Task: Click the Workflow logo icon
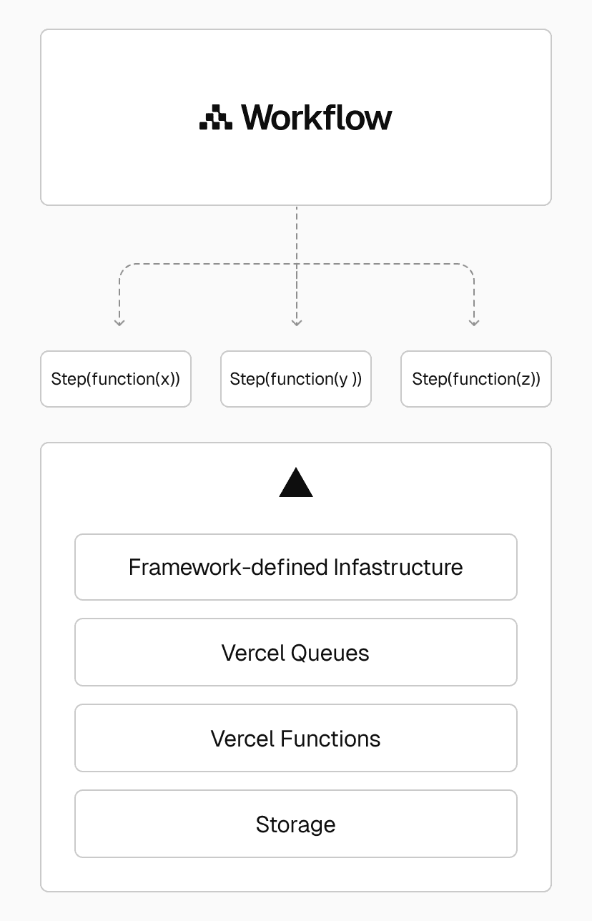click(215, 118)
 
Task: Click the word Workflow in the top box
click(317, 117)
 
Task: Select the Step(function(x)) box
click(116, 379)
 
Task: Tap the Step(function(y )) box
click(296, 379)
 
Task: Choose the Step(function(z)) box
click(476, 379)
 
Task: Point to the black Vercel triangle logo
click(296, 483)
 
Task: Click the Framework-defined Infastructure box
click(296, 567)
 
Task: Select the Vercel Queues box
click(296, 652)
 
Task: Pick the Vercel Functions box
click(296, 738)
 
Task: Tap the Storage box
click(296, 824)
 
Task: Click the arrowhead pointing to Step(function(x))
click(119, 322)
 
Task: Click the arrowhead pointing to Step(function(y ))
click(297, 322)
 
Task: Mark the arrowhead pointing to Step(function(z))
click(474, 322)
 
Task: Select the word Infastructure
click(398, 567)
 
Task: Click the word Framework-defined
click(228, 567)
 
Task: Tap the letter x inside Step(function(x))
click(165, 380)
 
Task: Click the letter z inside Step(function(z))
click(526, 380)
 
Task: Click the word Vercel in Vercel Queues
click(254, 653)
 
